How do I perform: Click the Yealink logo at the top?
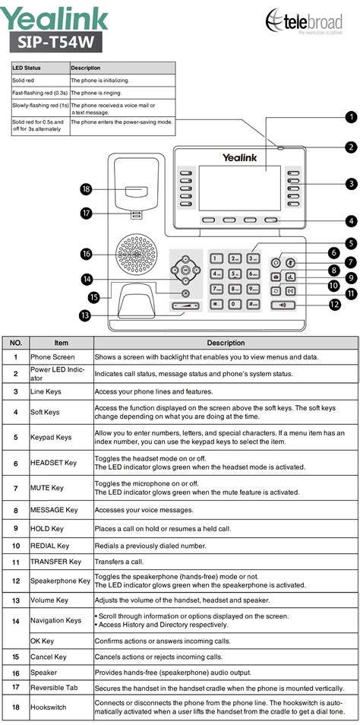[54, 17]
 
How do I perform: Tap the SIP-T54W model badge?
[55, 42]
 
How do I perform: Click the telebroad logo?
[304, 21]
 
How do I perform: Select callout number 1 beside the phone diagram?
[352, 116]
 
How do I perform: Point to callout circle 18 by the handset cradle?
[86, 188]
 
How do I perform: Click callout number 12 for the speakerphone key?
[335, 304]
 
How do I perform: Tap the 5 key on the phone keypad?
[235, 274]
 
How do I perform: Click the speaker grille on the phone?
[136, 254]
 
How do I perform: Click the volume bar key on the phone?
[186, 306]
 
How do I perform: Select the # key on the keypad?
[253, 304]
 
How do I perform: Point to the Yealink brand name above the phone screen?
[239, 157]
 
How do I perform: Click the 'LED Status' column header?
[27, 68]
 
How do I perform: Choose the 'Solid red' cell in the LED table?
[21, 80]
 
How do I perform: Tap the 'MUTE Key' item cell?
[47, 488]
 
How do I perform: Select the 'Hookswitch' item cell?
[49, 707]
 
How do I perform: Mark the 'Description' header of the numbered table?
[226, 343]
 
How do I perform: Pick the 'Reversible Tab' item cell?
[54, 688]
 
